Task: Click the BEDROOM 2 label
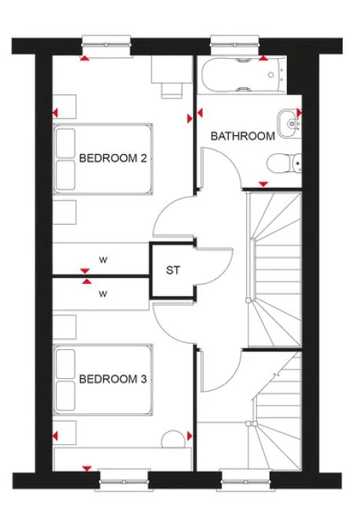(114, 158)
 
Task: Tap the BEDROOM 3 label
(114, 379)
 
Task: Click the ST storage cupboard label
(173, 270)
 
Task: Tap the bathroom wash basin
(292, 120)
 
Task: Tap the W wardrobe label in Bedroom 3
(102, 295)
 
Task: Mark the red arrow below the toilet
(263, 183)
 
